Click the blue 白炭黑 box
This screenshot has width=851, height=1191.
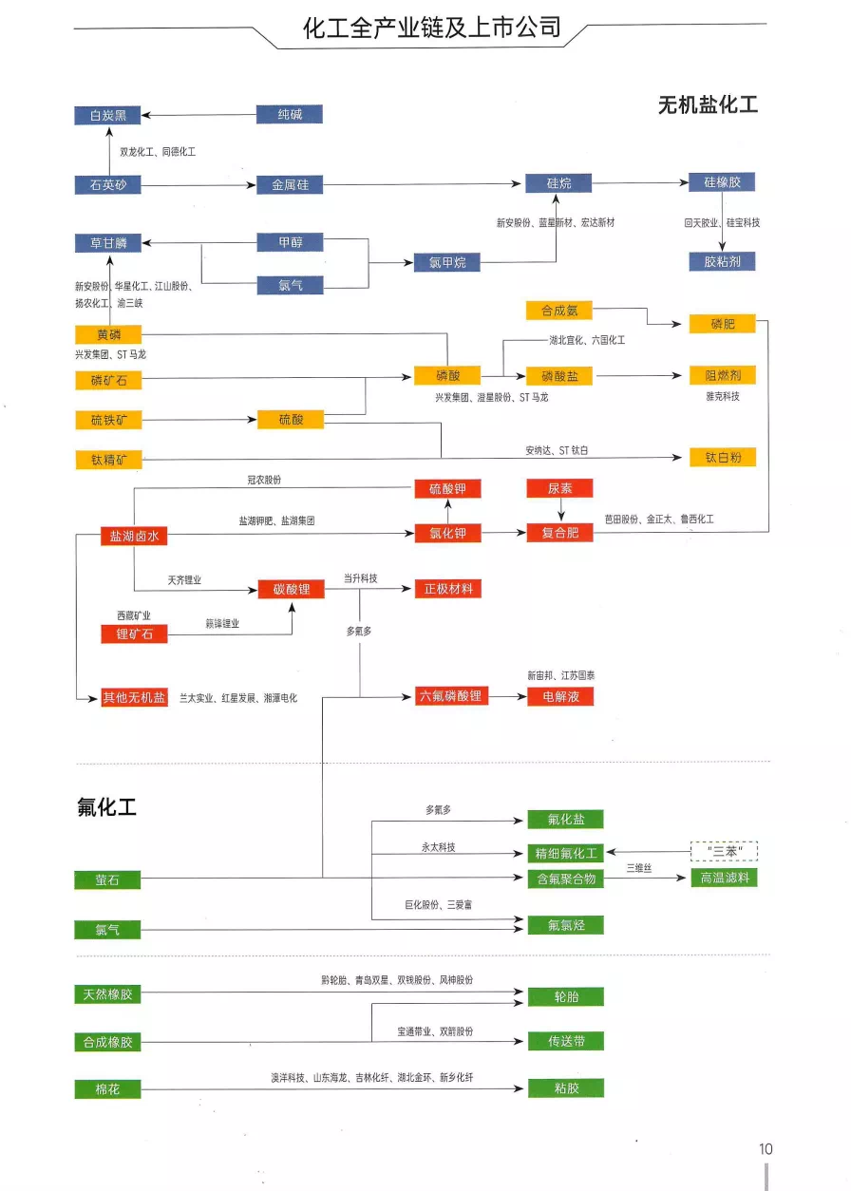(x=107, y=115)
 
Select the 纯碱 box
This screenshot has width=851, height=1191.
(x=290, y=115)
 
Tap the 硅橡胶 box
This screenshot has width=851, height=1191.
(x=722, y=182)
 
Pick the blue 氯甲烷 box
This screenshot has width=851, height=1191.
(x=446, y=262)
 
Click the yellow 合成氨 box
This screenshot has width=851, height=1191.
(x=558, y=311)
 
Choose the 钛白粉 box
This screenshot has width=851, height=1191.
(x=722, y=457)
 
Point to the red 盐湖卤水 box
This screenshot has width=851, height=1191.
(x=134, y=536)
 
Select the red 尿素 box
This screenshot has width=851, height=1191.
(x=559, y=488)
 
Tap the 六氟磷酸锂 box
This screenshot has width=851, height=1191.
(x=451, y=696)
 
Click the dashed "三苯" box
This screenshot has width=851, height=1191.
(x=725, y=851)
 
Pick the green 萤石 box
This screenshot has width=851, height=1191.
(x=107, y=880)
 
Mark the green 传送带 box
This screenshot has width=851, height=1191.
(x=566, y=1041)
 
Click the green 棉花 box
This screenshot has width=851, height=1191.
(x=107, y=1089)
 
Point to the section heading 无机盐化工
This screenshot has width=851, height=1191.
(x=708, y=104)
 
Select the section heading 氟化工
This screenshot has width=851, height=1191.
(x=106, y=807)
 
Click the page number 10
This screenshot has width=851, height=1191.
(x=766, y=1148)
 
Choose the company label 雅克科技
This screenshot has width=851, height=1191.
(x=722, y=396)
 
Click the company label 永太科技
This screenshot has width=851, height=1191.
(x=439, y=846)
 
